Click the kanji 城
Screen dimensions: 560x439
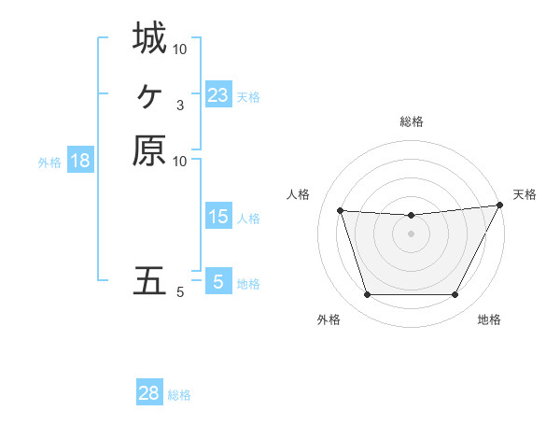149,38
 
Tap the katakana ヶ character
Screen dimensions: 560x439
149,94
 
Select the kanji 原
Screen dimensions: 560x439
149,149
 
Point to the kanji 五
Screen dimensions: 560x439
149,280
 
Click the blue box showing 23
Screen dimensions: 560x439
217,95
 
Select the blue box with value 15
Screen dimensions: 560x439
217,218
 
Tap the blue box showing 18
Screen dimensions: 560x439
80,161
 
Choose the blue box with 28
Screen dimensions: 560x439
149,393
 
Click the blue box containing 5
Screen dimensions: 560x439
217,281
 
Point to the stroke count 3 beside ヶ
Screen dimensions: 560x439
179,105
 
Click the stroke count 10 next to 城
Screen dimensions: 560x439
180,49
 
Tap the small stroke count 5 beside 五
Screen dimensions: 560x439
179,292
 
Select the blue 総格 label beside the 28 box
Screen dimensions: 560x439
179,395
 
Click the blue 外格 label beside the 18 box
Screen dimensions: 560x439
49,162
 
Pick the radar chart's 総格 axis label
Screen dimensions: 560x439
412,121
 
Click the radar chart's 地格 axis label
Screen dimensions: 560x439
489,319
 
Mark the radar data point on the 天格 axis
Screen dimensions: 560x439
500,205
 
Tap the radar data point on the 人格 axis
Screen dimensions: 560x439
341,211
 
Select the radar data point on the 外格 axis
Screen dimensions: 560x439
367,295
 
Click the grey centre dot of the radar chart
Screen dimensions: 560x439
412,234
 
